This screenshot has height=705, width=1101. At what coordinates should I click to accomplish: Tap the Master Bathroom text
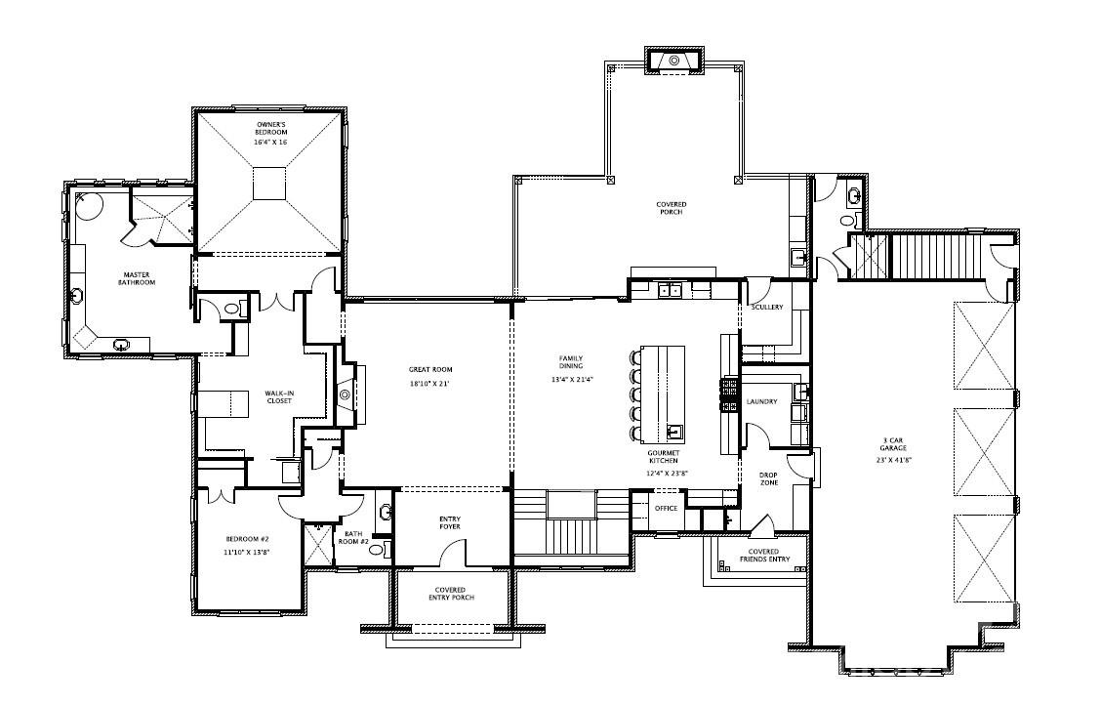(138, 278)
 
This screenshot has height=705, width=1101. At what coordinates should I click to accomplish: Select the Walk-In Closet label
(279, 396)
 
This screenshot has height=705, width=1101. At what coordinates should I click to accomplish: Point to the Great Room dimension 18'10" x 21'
(429, 384)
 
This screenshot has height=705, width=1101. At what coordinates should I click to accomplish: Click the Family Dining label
(571, 362)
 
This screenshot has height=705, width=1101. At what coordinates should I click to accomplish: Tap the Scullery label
(767, 308)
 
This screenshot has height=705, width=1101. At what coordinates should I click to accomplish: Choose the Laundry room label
(761, 401)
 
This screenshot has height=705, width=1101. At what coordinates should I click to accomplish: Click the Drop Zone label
(768, 479)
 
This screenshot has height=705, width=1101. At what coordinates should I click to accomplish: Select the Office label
(666, 509)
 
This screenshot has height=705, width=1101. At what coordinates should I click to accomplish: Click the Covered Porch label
(671, 208)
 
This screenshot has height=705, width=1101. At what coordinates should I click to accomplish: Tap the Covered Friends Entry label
(763, 556)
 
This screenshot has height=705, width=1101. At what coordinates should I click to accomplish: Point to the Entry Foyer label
(449, 522)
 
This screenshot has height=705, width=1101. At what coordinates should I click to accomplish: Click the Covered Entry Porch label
(450, 593)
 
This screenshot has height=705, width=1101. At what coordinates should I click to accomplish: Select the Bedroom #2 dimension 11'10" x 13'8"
(247, 552)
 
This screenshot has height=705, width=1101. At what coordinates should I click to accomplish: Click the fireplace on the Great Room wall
(346, 394)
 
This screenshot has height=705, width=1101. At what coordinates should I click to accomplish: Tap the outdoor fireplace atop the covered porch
(673, 61)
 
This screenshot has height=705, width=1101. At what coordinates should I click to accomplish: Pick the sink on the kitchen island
(674, 430)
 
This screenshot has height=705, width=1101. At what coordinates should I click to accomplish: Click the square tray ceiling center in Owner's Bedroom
(270, 184)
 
